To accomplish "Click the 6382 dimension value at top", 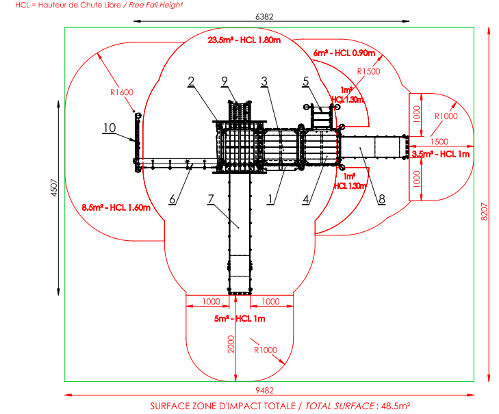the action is click(x=264, y=16).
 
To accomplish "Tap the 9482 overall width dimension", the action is click(x=264, y=390).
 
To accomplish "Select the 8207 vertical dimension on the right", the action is click(x=484, y=211).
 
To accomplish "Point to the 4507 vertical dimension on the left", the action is click(x=54, y=187).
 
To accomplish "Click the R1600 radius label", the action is click(x=122, y=92).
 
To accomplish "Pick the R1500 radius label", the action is click(x=368, y=72).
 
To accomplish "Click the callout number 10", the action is click(x=110, y=128).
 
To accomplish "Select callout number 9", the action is click(x=225, y=81).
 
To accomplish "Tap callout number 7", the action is click(x=210, y=199).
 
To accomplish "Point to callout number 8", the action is click(x=382, y=199).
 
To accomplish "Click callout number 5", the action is click(x=305, y=81).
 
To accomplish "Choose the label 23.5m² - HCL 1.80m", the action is click(x=244, y=40).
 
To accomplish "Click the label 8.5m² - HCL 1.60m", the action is click(x=116, y=208).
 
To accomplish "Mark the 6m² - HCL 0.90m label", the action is click(x=344, y=53).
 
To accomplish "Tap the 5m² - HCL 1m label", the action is click(x=240, y=318).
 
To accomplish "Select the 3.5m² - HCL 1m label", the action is click(x=441, y=155).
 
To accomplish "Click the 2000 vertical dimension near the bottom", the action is click(x=231, y=344).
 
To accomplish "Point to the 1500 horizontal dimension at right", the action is click(x=439, y=142).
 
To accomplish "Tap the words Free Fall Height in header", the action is click(x=156, y=5).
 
